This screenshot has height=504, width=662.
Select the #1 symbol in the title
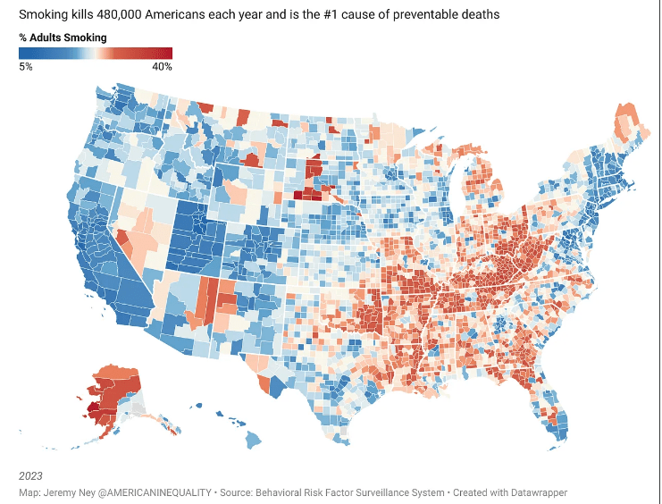338,16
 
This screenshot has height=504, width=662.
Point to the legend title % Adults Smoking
63,38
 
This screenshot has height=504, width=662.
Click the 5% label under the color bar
26,67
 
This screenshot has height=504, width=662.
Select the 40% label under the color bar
162,67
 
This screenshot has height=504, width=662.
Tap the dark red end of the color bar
167,53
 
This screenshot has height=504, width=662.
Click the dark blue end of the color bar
22,53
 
